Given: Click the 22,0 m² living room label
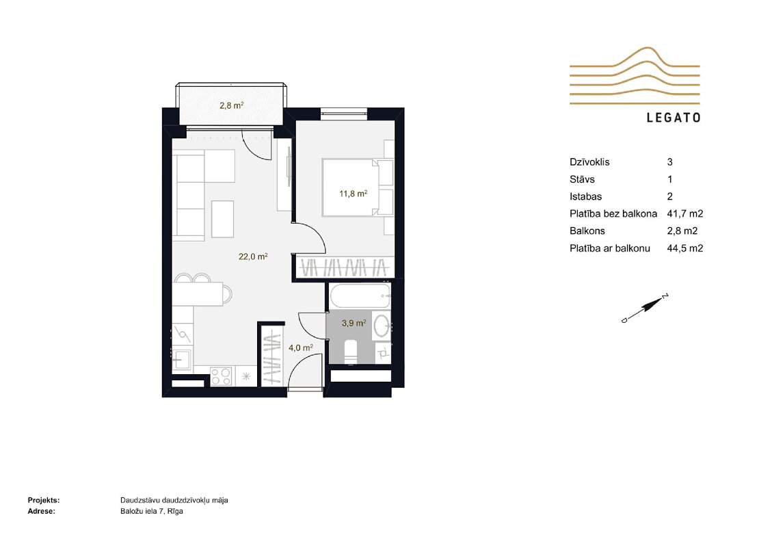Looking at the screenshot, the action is tap(253, 257).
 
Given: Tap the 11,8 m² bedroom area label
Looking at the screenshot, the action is tap(354, 194).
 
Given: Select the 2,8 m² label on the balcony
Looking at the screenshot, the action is tap(231, 105).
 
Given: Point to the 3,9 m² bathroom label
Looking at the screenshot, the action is tap(354, 323).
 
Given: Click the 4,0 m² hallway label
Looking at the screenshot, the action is tap(301, 348).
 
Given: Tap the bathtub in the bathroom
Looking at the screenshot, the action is tap(360, 296).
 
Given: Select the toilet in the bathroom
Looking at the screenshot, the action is tap(351, 351).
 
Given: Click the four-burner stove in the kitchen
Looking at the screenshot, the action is tap(222, 377).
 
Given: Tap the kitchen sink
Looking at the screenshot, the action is tap(182, 359).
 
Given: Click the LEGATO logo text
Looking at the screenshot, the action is tap(674, 118).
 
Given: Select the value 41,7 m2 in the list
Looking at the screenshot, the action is tap(685, 213).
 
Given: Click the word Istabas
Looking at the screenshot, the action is tap(586, 196).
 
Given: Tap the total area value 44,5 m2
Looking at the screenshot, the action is tap(685, 248).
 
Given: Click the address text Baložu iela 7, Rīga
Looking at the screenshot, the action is tap(152, 511).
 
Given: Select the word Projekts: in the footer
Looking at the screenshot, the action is tap(44, 500).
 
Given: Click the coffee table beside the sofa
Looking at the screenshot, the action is tap(223, 219).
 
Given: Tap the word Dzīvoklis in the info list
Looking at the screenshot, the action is tap(589, 162).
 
